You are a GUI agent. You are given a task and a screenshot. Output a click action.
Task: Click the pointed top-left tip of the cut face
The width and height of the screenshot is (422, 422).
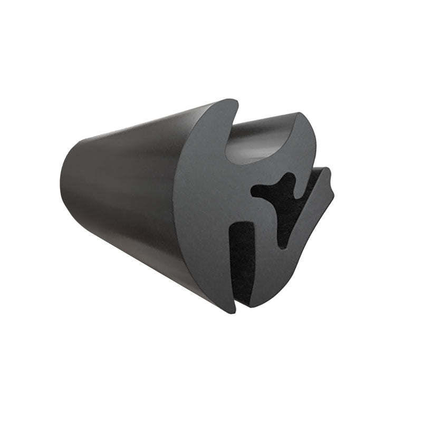(233, 100)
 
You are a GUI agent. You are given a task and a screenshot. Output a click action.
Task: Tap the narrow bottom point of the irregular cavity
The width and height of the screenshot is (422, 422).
(283, 244)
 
